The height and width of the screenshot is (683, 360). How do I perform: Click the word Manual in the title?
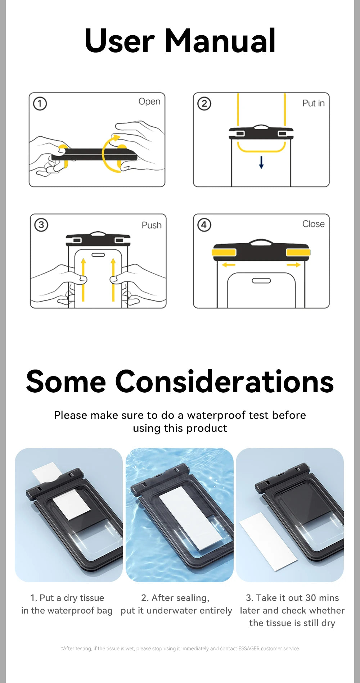[220, 41]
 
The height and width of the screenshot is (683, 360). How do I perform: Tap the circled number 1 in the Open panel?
[40, 104]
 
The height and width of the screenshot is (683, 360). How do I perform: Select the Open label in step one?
[149, 102]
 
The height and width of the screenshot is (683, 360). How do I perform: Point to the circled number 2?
[204, 104]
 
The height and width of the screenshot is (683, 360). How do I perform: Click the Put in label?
[313, 103]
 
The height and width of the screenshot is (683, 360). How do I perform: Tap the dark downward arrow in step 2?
[261, 162]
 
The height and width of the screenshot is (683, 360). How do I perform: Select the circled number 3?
[41, 225]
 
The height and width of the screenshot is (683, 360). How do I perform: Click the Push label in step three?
[152, 225]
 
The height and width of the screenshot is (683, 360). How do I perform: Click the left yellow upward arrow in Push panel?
[83, 279]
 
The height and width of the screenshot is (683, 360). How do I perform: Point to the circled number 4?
[204, 225]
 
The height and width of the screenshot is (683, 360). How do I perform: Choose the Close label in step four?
[313, 224]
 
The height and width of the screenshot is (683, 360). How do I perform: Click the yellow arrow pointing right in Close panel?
[294, 265]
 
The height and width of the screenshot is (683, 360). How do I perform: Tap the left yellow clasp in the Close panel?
[224, 252]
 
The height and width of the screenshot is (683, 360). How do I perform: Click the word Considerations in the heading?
[224, 381]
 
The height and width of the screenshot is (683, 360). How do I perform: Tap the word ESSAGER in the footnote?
[249, 648]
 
